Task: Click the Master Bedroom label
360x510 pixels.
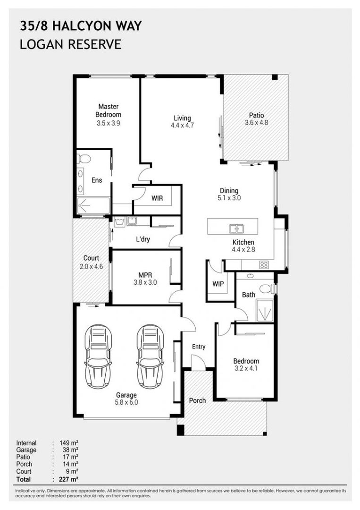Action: (x=108, y=110)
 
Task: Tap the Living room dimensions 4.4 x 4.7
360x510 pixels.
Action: (x=182, y=126)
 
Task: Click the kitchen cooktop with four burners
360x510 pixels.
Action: (x=264, y=264)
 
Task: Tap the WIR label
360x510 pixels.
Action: (x=157, y=198)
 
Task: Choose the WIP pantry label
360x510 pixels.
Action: (x=218, y=284)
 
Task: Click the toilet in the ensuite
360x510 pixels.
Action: (x=85, y=159)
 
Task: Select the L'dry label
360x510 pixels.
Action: (x=142, y=239)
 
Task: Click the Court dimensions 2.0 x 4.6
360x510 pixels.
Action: (x=91, y=266)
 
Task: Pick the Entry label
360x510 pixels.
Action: (x=199, y=347)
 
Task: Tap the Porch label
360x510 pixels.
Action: (x=197, y=400)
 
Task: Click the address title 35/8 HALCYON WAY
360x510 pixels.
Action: (x=81, y=26)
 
